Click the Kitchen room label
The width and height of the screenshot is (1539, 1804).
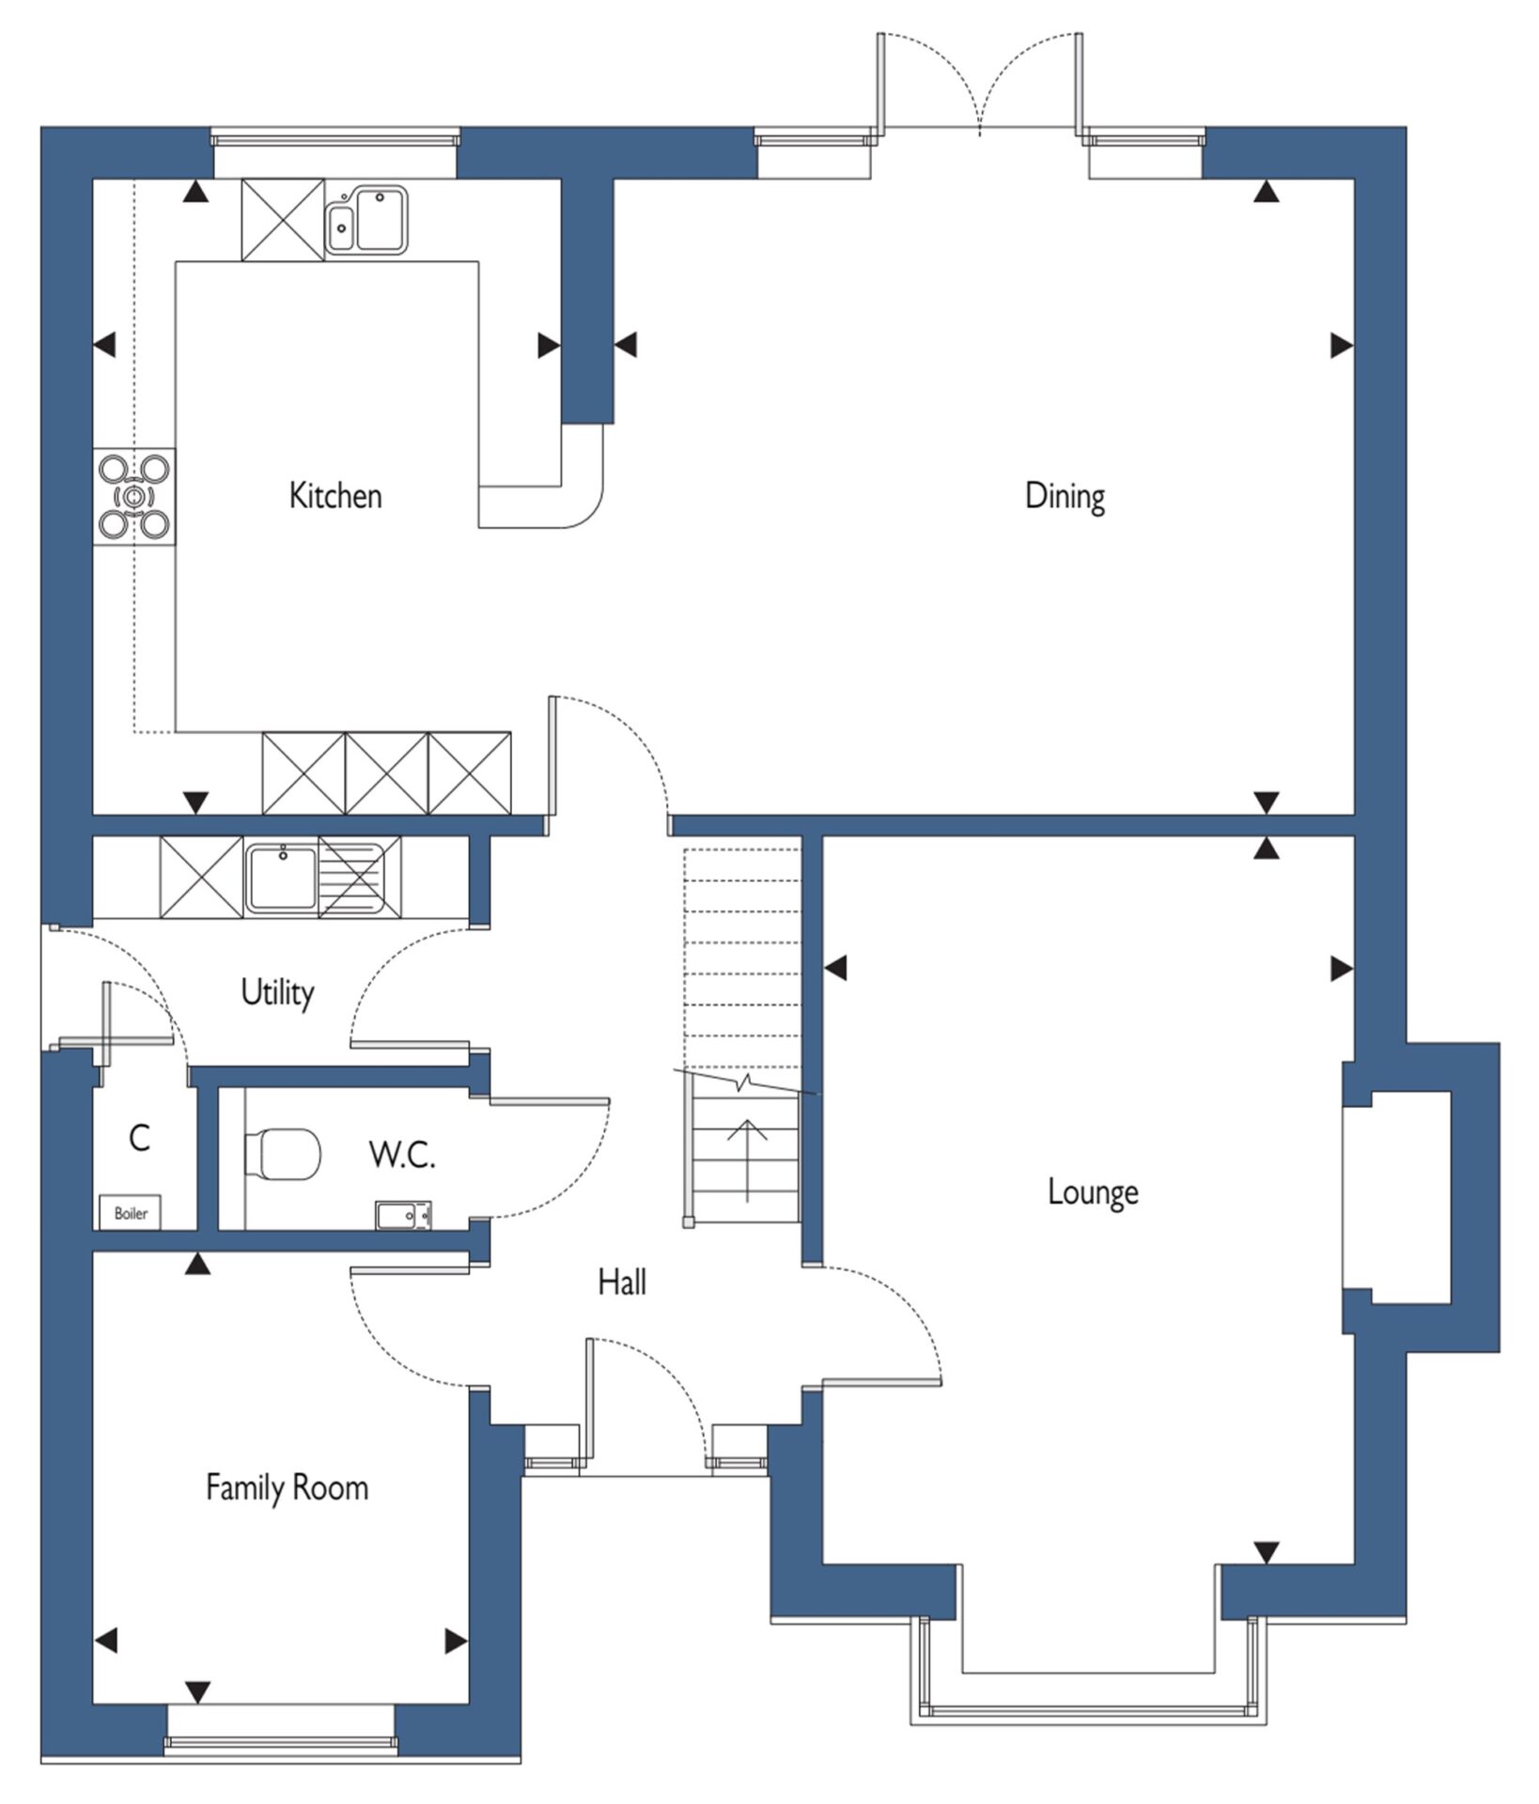pos(335,495)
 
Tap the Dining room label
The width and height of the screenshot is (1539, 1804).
pos(1065,496)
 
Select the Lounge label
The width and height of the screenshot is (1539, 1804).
pos(1093,1192)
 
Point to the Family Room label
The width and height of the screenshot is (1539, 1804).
pos(287,1487)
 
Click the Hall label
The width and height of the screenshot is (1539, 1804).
pos(622,1282)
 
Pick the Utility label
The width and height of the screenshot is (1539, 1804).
pos(277,992)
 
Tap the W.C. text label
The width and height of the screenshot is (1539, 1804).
pos(402,1155)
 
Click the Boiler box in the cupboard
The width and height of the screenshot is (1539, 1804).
pos(131,1213)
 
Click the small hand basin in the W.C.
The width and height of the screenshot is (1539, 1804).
pos(404,1215)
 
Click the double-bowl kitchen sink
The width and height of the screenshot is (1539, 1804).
pos(366,220)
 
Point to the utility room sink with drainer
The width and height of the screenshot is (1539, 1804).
pos(315,877)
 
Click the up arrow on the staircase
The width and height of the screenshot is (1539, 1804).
pos(748,1161)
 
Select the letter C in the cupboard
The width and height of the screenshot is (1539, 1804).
pos(139,1138)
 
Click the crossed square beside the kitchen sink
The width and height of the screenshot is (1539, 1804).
pos(283,219)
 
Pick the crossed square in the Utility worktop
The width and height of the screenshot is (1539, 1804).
pos(201,877)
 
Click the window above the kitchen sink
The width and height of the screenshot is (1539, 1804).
pos(335,137)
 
